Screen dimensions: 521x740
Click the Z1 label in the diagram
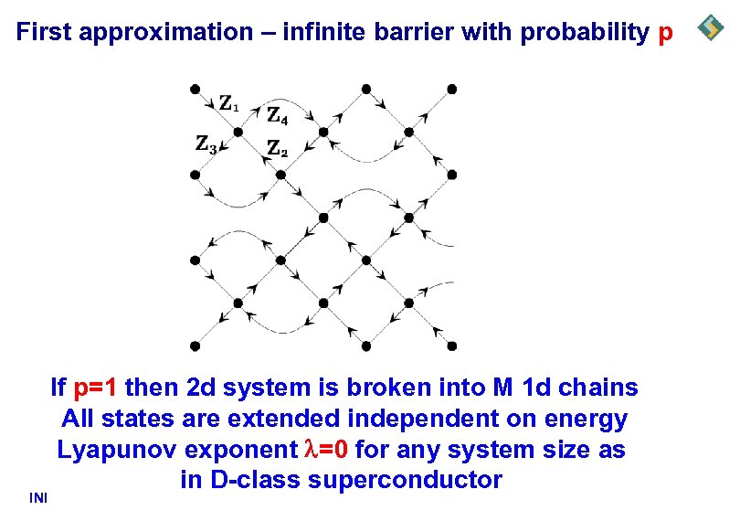pyautogui.click(x=228, y=102)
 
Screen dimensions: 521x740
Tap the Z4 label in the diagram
pyautogui.click(x=278, y=116)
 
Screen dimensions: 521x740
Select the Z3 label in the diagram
pyautogui.click(x=206, y=144)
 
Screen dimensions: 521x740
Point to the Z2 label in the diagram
pyautogui.click(x=277, y=147)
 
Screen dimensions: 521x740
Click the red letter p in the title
pyautogui.click(x=665, y=34)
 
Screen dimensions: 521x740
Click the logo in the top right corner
pyautogui.click(x=711, y=28)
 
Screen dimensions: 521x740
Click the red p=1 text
pyautogui.click(x=95, y=388)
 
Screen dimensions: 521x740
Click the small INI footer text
pyautogui.click(x=38, y=498)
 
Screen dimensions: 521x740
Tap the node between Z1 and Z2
pyautogui.click(x=237, y=132)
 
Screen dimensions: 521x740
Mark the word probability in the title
pyautogui.click(x=584, y=33)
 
